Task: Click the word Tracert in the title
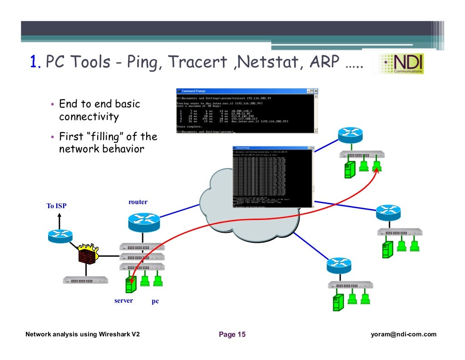[x=196, y=62]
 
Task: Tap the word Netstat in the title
[x=263, y=62]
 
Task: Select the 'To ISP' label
[x=56, y=206]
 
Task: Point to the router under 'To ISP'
[x=59, y=235]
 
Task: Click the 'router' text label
[x=138, y=202]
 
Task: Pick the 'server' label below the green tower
[x=124, y=301]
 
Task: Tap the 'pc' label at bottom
[x=155, y=301]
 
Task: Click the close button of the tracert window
[x=316, y=91]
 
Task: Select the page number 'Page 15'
[x=232, y=335]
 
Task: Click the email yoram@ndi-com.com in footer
[x=403, y=335]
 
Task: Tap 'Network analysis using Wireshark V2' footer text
[x=82, y=335]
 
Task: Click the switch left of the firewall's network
[x=85, y=280]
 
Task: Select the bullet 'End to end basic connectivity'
[x=99, y=110]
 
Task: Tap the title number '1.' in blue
[x=36, y=62]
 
